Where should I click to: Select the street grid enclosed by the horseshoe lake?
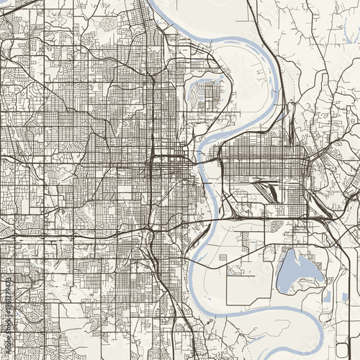pyautogui.click(x=210, y=94)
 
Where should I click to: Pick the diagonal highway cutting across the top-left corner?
pyautogui.click(x=22, y=7)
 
